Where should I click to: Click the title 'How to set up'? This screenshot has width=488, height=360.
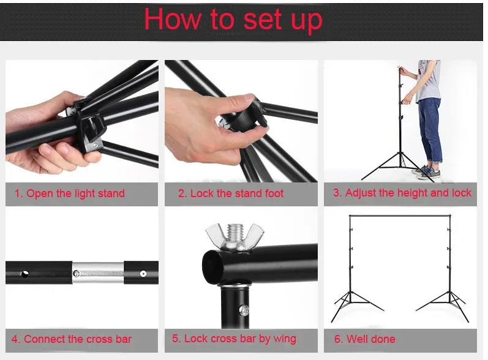click(233, 20)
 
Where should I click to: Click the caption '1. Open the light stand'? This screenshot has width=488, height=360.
click(70, 193)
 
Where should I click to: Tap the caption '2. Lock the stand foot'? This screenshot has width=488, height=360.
click(231, 193)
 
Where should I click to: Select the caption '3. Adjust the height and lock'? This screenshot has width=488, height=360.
click(402, 193)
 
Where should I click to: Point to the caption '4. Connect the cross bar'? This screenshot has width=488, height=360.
click(72, 339)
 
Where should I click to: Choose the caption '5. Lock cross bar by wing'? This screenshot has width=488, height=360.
click(234, 339)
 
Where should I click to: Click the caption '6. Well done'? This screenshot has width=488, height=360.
click(365, 339)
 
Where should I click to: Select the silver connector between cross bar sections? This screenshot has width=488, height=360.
click(98, 273)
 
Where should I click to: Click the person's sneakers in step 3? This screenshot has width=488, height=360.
click(426, 172)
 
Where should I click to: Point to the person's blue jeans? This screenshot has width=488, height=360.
click(430, 130)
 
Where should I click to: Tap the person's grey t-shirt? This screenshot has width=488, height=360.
click(429, 80)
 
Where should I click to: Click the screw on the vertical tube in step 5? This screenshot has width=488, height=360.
click(244, 310)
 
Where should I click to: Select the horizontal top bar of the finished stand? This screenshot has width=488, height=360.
click(400, 216)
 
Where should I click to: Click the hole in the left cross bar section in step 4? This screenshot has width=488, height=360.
click(25, 274)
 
